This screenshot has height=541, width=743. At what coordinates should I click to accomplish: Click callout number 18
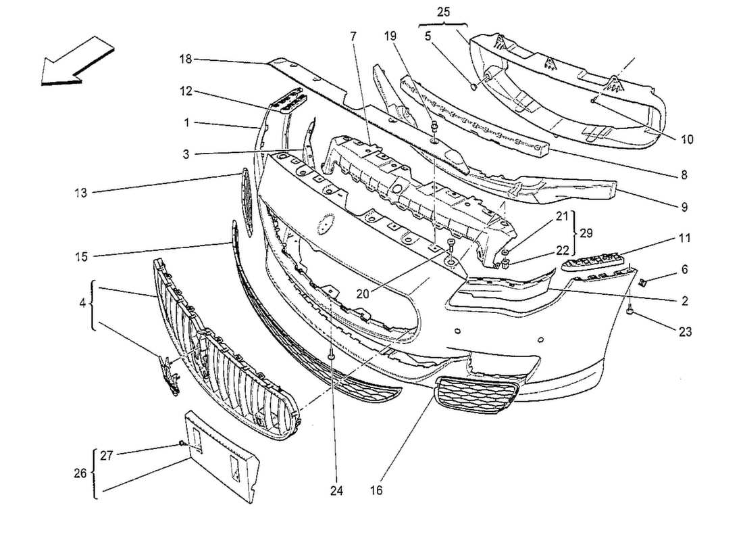186,60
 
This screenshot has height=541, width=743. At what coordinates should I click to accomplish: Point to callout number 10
687,140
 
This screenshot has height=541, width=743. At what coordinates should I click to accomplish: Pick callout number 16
377,490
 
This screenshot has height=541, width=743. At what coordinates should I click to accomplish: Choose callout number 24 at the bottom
332,490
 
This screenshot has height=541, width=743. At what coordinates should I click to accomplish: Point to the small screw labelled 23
630,310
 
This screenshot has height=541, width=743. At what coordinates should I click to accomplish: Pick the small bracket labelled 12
287,102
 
